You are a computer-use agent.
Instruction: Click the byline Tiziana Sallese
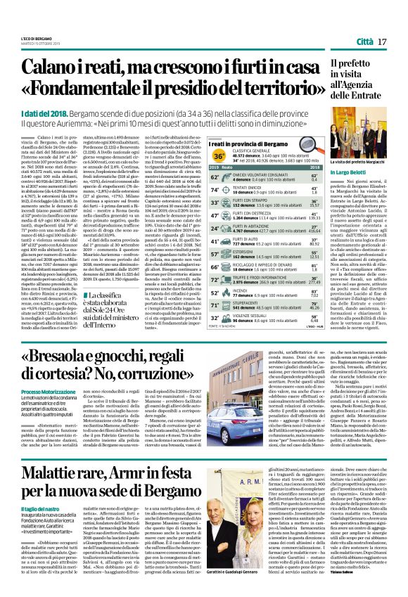click(373, 589)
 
